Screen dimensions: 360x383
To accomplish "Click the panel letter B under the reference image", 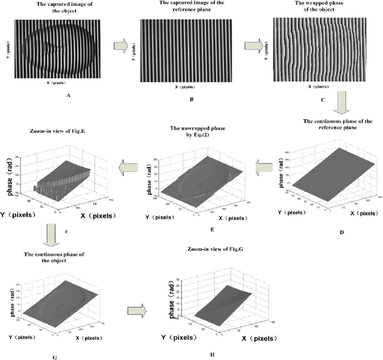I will pos(190,97).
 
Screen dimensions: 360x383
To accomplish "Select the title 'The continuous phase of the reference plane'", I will pos(338,124).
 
